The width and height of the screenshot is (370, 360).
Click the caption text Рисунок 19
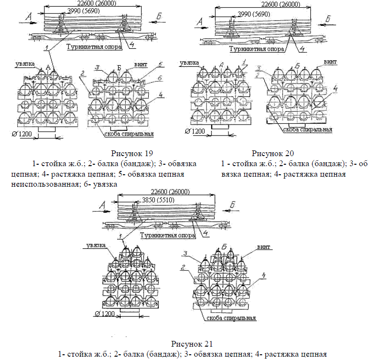[132, 154]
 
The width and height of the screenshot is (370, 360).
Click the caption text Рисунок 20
[273, 153]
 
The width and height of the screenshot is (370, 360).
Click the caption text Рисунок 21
[191, 344]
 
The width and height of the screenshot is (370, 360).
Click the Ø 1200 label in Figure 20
[194, 131]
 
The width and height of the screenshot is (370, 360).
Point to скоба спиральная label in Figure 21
[231, 318]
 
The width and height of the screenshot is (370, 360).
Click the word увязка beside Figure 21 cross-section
[96, 245]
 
